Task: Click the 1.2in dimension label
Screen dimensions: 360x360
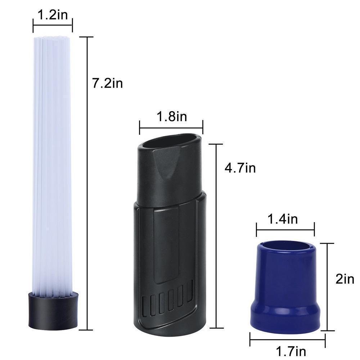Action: tap(53, 15)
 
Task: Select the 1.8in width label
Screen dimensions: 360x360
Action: tap(172, 116)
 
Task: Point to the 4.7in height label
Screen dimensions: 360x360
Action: tap(240, 168)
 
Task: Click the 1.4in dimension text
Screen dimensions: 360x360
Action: tap(283, 219)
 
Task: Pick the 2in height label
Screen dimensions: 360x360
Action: tap(345, 279)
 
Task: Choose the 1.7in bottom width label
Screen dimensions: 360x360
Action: tap(291, 351)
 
